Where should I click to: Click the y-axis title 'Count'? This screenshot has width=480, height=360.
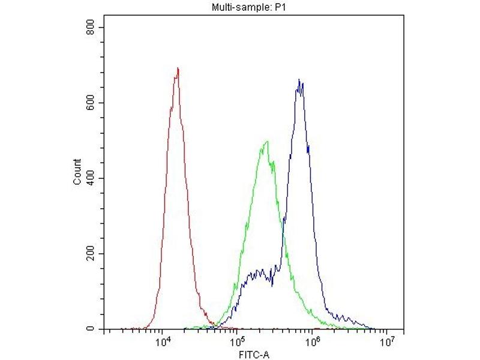pos(77,172)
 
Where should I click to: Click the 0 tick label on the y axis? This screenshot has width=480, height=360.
pos(92,329)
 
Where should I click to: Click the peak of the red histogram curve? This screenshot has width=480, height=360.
pos(178,68)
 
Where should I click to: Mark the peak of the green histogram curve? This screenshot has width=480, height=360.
pos(266,142)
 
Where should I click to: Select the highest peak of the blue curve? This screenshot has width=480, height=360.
pos(299,79)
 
